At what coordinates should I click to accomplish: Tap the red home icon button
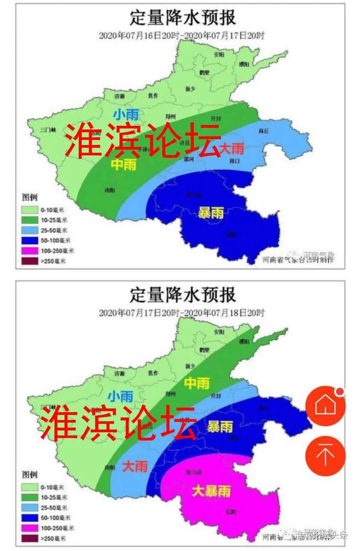(x=326, y=405)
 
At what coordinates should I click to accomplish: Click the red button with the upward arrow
(x=326, y=455)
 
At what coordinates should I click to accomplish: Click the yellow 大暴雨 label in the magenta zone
(x=211, y=491)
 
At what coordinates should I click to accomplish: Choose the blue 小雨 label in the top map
(x=126, y=115)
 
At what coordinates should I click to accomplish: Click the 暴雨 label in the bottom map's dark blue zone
(x=220, y=426)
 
